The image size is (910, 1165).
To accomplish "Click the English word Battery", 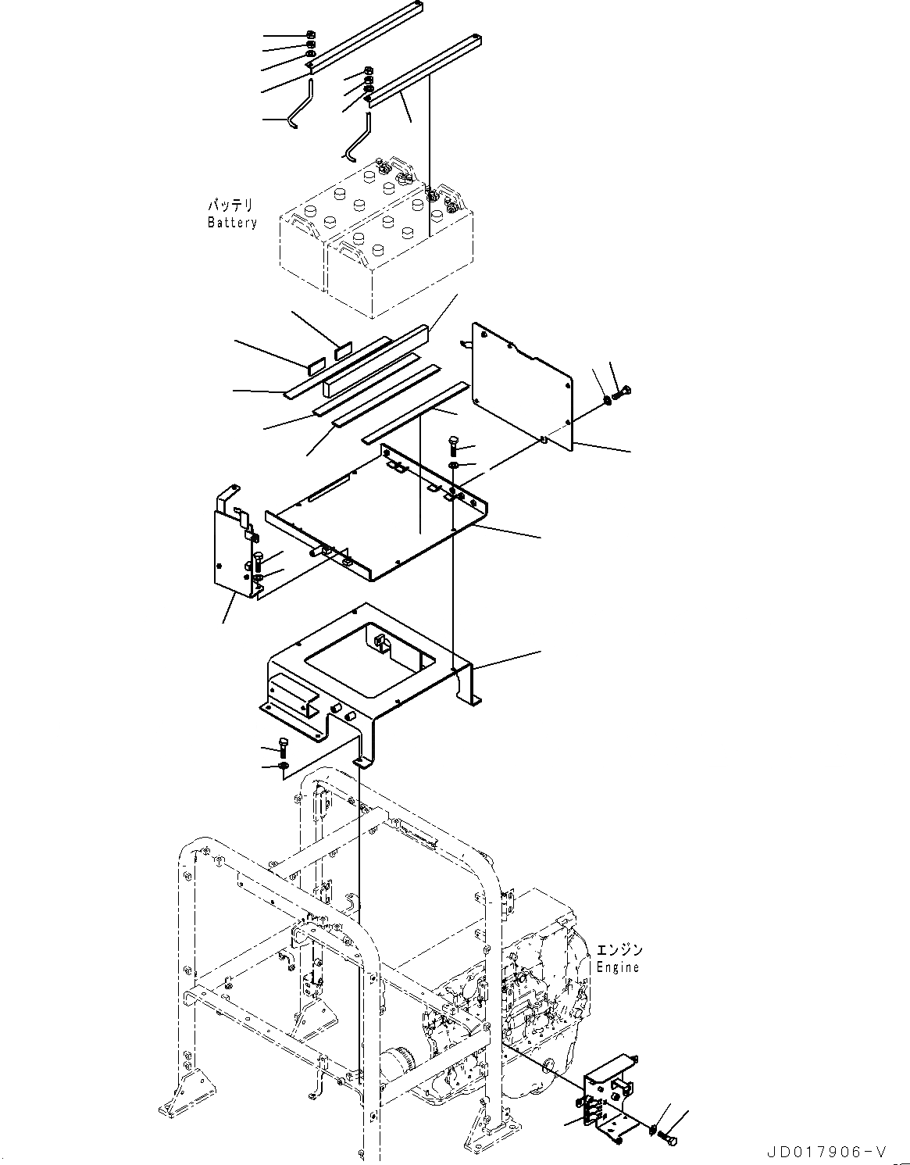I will tap(232, 223).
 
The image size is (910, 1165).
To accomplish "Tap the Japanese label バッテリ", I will tap(230, 206).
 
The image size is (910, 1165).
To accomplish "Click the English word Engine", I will tap(618, 967).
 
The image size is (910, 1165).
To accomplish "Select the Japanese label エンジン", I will tap(619, 950).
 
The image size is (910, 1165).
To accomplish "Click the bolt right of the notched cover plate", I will tap(623, 392).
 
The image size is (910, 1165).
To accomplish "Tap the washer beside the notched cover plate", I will tap(607, 402).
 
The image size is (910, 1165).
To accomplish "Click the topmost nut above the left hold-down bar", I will tap(310, 35).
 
